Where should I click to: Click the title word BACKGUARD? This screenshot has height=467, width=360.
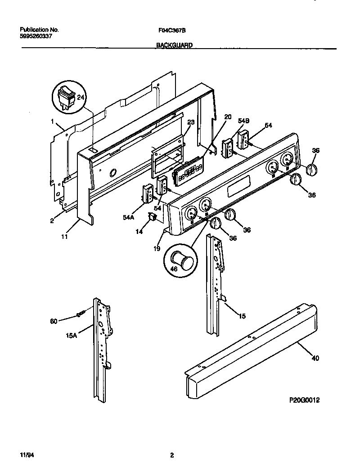click(x=175, y=45)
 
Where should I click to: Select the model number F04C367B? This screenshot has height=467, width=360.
click(x=172, y=30)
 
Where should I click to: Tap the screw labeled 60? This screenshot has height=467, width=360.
click(x=80, y=314)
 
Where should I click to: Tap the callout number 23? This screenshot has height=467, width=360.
click(x=190, y=122)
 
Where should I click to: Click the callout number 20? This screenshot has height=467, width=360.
click(x=228, y=117)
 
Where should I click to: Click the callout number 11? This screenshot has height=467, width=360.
click(x=64, y=236)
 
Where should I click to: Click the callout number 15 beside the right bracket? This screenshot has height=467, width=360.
click(x=242, y=317)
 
